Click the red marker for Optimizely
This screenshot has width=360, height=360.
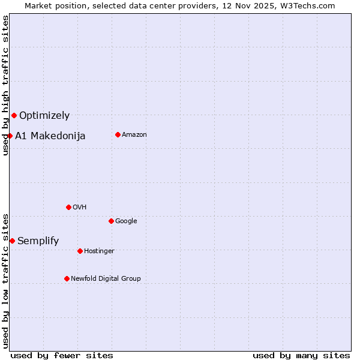click(x=14, y=115)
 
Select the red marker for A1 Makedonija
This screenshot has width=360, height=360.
click(x=10, y=136)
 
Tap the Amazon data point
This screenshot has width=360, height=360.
click(x=118, y=134)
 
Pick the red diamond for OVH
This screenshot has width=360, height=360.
click(x=68, y=207)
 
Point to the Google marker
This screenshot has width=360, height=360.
click(x=111, y=221)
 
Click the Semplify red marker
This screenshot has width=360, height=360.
click(x=12, y=241)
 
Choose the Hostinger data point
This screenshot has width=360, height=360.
click(x=80, y=251)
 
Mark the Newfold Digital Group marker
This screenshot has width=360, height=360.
click(x=67, y=278)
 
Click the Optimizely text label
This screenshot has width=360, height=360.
click(x=44, y=116)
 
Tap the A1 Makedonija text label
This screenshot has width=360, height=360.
click(x=50, y=136)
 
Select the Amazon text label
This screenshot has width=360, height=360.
click(x=134, y=135)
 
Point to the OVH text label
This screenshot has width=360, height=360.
click(x=80, y=208)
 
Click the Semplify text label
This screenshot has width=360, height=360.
click(x=38, y=241)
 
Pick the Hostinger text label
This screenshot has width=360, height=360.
click(x=99, y=251)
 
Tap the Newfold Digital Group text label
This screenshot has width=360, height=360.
click(x=106, y=279)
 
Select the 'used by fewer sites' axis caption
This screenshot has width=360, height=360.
click(x=62, y=355)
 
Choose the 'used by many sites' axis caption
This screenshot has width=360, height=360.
click(x=301, y=355)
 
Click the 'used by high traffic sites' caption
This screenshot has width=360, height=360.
click(x=5, y=85)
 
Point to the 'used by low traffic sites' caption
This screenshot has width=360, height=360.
click(x=5, y=281)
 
